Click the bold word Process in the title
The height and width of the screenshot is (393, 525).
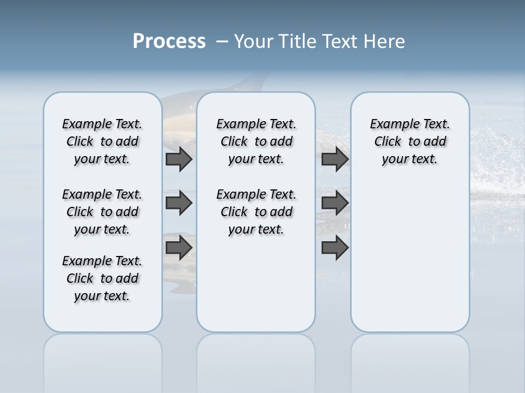[169, 41]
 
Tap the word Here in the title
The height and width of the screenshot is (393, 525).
[383, 41]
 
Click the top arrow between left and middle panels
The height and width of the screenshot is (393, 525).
[179, 159]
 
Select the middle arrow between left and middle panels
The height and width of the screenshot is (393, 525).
[179, 203]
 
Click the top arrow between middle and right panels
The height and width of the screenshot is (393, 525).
[335, 159]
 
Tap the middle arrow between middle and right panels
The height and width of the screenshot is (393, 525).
[335, 203]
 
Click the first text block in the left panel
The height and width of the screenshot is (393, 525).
[102, 141]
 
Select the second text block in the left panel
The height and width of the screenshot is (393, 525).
[102, 212]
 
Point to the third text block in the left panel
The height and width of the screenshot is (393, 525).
[102, 278]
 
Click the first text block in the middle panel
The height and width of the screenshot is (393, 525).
[256, 141]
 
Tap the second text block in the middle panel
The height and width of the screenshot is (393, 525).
[256, 212]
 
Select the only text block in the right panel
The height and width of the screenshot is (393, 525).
[410, 141]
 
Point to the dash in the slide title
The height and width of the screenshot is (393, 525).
[222, 41]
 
